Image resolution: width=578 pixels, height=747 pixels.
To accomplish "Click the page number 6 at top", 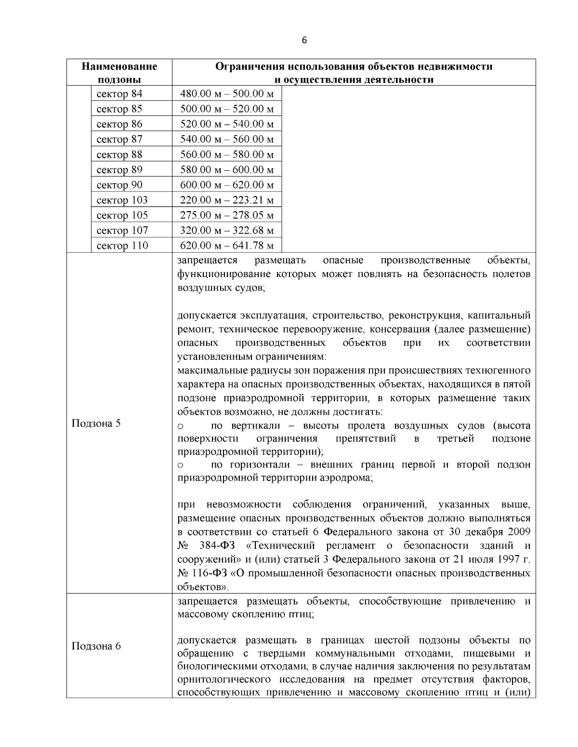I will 304,40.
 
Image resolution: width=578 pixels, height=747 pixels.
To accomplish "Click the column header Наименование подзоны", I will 119,73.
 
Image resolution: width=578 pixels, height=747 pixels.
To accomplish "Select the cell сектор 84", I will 120,94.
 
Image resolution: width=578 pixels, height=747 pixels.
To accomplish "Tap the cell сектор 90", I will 120,185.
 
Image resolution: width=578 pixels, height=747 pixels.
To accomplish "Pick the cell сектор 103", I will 122,200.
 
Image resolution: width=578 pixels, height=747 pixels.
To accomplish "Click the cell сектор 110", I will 122,246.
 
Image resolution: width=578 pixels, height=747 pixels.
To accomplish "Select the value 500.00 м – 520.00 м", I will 227,109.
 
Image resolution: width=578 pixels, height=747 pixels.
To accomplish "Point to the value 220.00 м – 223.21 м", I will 227,200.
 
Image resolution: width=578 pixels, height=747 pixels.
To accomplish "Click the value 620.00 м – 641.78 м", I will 227,246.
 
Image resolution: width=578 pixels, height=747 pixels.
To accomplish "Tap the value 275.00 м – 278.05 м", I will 227,215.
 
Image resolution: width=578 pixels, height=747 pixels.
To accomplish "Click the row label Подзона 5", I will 96,423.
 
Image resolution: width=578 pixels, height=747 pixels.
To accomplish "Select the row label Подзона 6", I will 96,646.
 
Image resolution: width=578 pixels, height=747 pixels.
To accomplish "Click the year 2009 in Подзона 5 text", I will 519,532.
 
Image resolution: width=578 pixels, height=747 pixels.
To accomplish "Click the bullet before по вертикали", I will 181,426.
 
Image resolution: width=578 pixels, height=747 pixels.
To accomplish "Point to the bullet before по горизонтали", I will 181,465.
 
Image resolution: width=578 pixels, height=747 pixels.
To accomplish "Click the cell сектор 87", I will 120,139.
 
